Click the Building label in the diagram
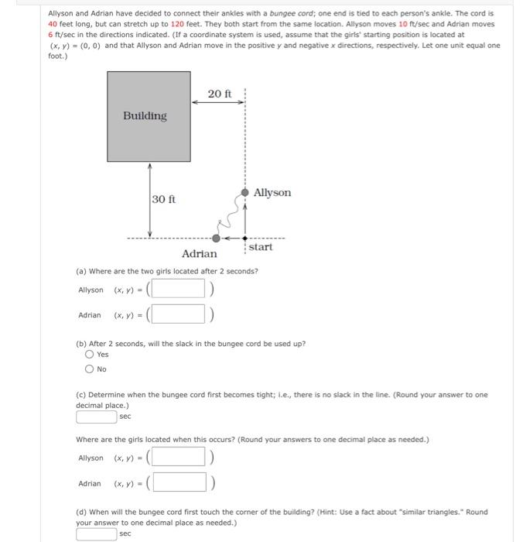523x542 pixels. (x=145, y=116)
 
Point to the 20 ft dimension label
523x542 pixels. (x=219, y=94)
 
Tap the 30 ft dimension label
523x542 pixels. (x=163, y=200)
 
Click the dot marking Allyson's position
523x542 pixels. (x=245, y=192)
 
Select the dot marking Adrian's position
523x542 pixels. (x=216, y=238)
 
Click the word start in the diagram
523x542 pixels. (x=261, y=247)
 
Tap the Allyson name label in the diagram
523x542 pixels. (x=272, y=192)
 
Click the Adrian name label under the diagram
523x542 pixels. (x=199, y=254)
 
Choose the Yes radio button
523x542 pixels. (x=90, y=355)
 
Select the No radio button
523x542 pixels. (x=90, y=369)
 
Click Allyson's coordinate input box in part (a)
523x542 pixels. (x=177, y=290)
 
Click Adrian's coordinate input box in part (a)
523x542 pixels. (x=177, y=314)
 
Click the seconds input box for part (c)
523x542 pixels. (x=97, y=417)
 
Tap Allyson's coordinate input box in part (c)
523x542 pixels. (x=177, y=458)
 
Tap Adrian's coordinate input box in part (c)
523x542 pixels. (x=177, y=483)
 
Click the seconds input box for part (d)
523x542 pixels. (x=97, y=533)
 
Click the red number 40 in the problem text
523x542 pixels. (x=53, y=24)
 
